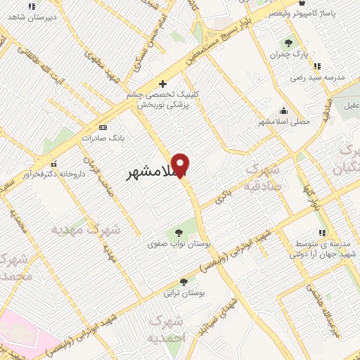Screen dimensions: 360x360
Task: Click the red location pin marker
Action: (x=181, y=165)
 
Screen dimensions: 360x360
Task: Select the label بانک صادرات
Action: (x=97, y=138)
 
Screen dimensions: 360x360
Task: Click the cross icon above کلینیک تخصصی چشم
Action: (x=162, y=84)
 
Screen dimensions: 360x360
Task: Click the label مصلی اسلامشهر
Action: (x=284, y=121)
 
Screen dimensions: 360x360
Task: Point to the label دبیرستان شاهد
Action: (x=33, y=15)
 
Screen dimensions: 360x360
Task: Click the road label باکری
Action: (x=224, y=197)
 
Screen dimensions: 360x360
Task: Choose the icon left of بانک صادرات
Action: (x=104, y=127)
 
